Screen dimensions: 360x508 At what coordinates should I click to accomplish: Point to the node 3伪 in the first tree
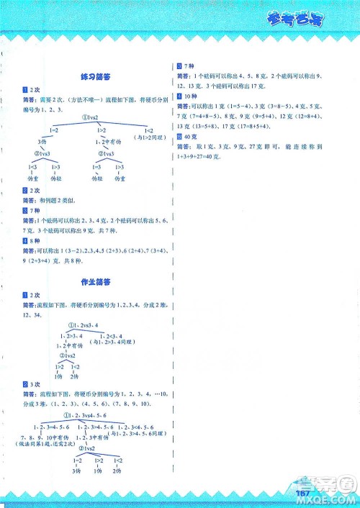click(42, 142)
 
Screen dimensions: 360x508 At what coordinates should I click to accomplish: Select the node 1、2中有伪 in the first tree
click(102, 142)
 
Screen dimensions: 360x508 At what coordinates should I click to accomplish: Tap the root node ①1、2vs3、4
click(86, 325)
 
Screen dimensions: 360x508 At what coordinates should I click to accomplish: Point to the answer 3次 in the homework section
click(35, 384)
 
